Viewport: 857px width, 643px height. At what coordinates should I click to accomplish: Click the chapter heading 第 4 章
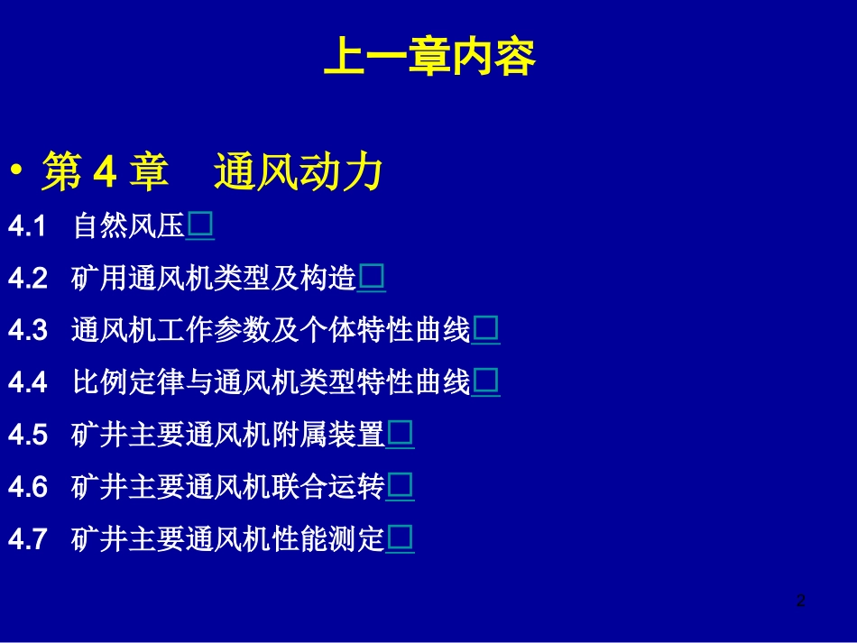click(105, 171)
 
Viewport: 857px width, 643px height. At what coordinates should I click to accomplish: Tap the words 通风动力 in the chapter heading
click(299, 171)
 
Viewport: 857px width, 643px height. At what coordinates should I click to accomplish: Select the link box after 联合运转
click(401, 487)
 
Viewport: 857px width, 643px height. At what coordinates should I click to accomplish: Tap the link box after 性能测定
click(401, 539)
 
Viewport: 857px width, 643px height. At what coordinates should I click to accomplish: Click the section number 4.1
click(27, 226)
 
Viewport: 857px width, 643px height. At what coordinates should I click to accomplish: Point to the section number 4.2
click(27, 279)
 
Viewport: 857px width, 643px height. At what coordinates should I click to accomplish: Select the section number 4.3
click(27, 331)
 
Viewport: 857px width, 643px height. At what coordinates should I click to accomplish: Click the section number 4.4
click(27, 383)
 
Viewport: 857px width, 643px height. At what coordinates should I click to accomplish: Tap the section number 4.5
click(27, 436)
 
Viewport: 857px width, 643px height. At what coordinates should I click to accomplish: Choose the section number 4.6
click(27, 488)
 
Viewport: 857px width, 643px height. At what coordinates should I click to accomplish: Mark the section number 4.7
click(27, 540)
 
